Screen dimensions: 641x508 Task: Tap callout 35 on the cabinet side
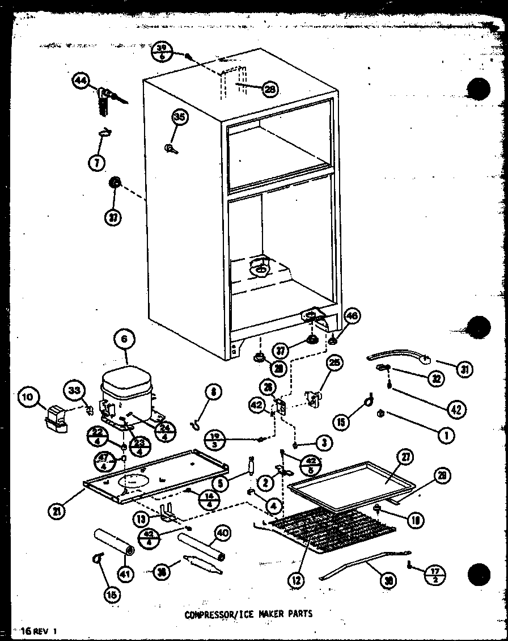tap(179, 117)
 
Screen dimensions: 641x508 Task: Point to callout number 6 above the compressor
tap(124, 340)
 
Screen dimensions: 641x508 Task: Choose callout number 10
tap(28, 397)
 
